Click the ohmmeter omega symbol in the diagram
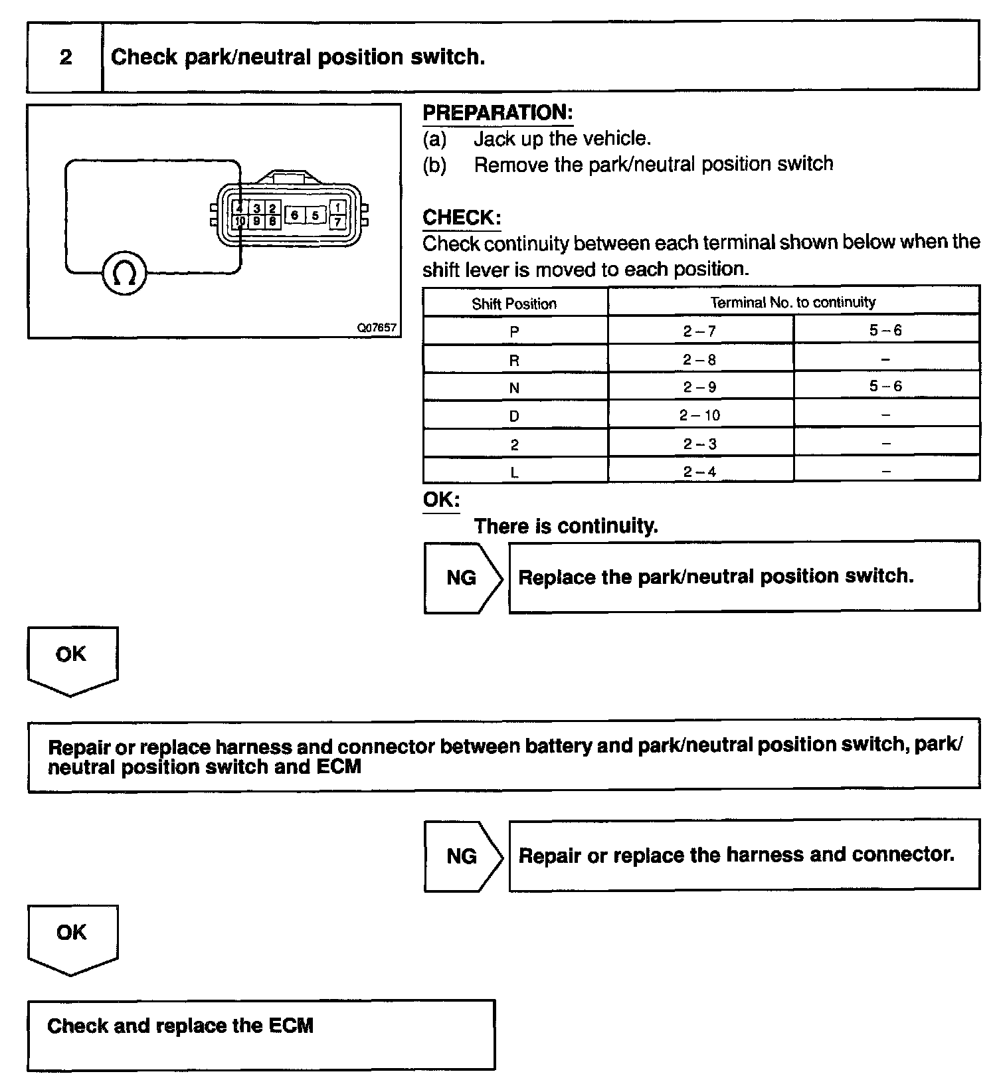pos(124,272)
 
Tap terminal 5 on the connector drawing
pos(316,215)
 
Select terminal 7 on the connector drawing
pos(337,222)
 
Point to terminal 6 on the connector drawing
pos(294,215)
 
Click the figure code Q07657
pos(377,327)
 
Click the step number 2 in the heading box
pos(66,57)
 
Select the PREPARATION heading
pos(498,113)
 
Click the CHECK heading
pos(462,218)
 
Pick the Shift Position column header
pos(514,304)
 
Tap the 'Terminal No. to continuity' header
pos(793,303)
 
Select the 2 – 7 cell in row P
pos(699,331)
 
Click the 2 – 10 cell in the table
pos(699,416)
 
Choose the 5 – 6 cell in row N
pos(885,387)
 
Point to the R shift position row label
pos(514,361)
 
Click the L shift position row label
pos(514,473)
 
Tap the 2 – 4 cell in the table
pos(699,472)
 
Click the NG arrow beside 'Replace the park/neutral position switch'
pos(462,578)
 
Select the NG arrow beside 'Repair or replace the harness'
pos(462,856)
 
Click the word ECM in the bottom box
pos(291,1026)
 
